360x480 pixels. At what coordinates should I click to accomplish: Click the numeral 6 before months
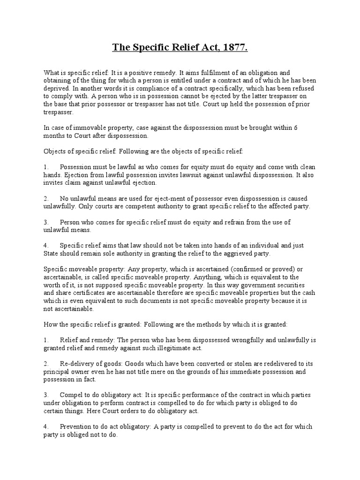point(309,127)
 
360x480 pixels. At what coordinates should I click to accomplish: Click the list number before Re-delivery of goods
point(46,364)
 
